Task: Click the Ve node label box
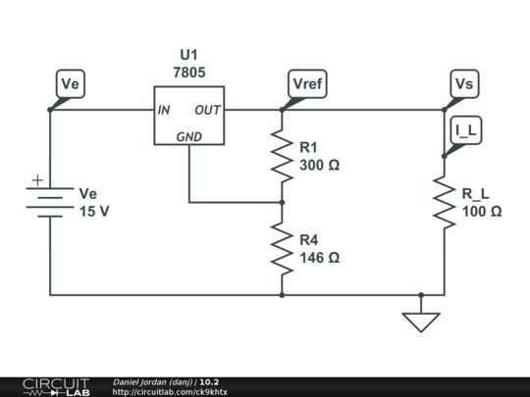[x=71, y=83]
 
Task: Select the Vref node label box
[x=307, y=83]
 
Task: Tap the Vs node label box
[x=464, y=83]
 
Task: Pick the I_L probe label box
[x=466, y=130]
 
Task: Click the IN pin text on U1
[x=164, y=110]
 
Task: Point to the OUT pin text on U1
[x=207, y=110]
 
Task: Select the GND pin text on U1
[x=189, y=136]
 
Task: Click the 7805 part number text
[x=189, y=73]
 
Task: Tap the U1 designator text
[x=189, y=55]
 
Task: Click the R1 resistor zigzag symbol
[x=282, y=156]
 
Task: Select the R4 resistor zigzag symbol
[x=282, y=249]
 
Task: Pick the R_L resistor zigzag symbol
[x=445, y=202]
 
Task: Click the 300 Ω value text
[x=319, y=165]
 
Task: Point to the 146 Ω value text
[x=319, y=258]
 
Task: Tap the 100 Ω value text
[x=482, y=212]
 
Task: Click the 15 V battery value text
[x=94, y=212]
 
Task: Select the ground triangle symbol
[x=421, y=323]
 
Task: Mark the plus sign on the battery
[x=38, y=180]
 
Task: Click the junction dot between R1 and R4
[x=282, y=203]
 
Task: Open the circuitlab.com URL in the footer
[x=170, y=392]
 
